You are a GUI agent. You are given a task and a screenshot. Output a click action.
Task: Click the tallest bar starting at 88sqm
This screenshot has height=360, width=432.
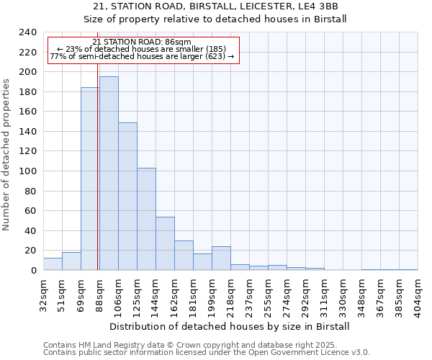tap(109, 174)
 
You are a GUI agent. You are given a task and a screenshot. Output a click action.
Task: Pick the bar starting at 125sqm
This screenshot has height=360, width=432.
tap(146, 219)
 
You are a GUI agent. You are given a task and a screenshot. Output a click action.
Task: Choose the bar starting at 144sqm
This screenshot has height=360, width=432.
tap(165, 243)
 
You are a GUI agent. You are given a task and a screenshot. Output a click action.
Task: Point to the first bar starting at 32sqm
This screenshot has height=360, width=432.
tap(53, 264)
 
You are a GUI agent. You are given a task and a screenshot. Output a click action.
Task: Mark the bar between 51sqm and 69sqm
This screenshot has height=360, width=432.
tap(71, 261)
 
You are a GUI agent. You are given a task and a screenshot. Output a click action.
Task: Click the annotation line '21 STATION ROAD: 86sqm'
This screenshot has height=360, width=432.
tap(143, 42)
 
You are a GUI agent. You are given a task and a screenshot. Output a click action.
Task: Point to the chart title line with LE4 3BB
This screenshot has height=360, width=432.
tap(215, 6)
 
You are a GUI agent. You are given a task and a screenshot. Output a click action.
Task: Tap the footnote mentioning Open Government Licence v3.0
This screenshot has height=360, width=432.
tap(207, 353)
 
